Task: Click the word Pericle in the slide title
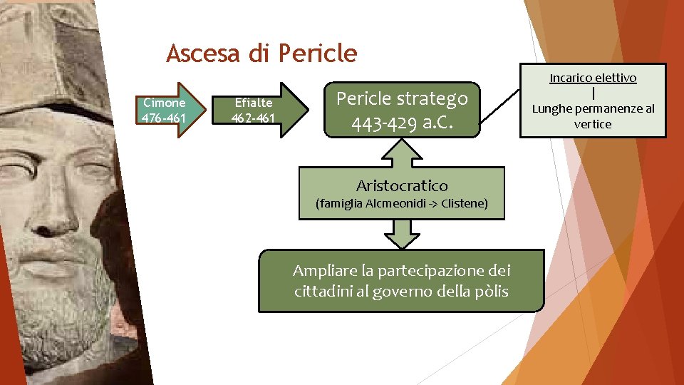tap(318, 53)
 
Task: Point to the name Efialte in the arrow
tap(254, 103)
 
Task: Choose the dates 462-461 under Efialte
tap(254, 118)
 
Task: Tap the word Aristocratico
tap(402, 186)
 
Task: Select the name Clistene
tap(464, 204)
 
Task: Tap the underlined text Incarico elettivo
tap(593, 78)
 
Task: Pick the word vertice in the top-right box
tap(593, 124)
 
